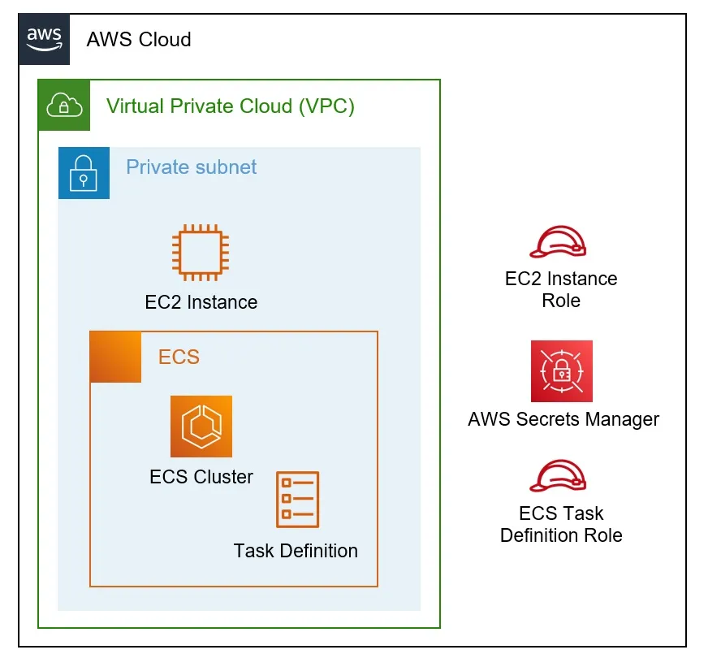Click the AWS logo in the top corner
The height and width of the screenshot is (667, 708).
(x=45, y=39)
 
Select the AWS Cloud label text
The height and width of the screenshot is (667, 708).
(x=138, y=40)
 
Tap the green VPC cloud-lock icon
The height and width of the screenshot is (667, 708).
(x=64, y=105)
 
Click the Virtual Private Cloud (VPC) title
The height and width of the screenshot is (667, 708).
(x=231, y=106)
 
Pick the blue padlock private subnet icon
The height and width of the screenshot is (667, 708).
(x=84, y=173)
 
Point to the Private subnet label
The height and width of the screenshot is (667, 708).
(x=191, y=167)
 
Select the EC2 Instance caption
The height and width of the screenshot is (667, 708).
(x=201, y=302)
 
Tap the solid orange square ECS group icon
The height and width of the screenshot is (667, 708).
(x=115, y=357)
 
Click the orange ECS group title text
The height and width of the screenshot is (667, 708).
(x=179, y=357)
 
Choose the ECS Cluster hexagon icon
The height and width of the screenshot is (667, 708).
(x=201, y=427)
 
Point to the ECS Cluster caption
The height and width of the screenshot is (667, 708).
(x=201, y=477)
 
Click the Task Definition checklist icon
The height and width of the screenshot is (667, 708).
(x=297, y=500)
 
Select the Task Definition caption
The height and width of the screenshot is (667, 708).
(x=296, y=551)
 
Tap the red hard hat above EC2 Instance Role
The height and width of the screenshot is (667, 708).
(x=558, y=240)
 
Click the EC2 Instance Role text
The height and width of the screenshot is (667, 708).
(x=561, y=289)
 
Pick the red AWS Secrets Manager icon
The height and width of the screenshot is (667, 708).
(x=562, y=371)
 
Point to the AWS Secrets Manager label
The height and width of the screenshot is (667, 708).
(x=563, y=419)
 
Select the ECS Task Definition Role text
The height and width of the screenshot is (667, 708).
(x=561, y=524)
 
